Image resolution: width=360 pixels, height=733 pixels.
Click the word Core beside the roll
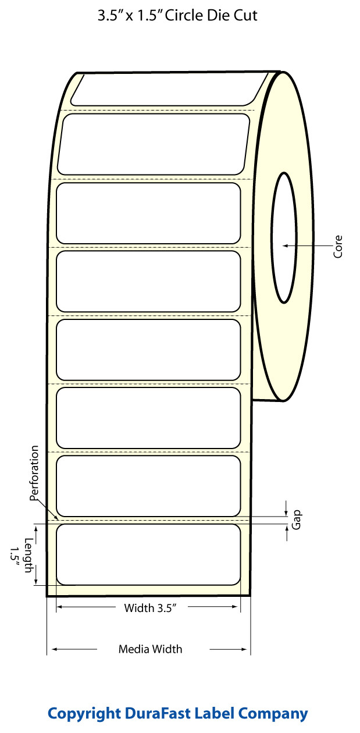click(338, 247)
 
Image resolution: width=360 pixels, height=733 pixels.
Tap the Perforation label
click(35, 474)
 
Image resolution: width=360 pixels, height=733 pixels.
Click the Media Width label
click(150, 649)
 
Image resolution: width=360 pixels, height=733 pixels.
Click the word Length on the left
click(28, 555)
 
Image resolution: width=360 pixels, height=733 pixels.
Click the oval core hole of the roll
click(285, 237)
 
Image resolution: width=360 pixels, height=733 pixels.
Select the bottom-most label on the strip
click(148, 554)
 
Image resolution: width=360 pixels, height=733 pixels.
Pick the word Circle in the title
click(186, 16)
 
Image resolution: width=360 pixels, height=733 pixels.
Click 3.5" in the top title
click(111, 16)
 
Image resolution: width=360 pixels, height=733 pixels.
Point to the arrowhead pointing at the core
click(286, 246)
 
